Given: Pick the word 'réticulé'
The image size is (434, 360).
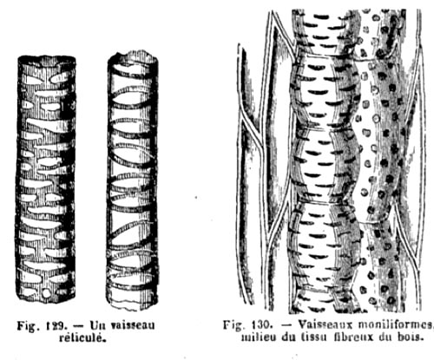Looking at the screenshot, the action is point(82,337).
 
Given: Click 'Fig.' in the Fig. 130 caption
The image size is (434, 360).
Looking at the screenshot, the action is point(233,324).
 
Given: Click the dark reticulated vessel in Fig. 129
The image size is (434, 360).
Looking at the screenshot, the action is point(45,179).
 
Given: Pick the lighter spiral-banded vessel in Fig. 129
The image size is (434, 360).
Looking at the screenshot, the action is point(133,180).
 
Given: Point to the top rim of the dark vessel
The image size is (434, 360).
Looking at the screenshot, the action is point(47,59).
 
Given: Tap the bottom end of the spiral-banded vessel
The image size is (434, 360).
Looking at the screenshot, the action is point(132,306).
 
